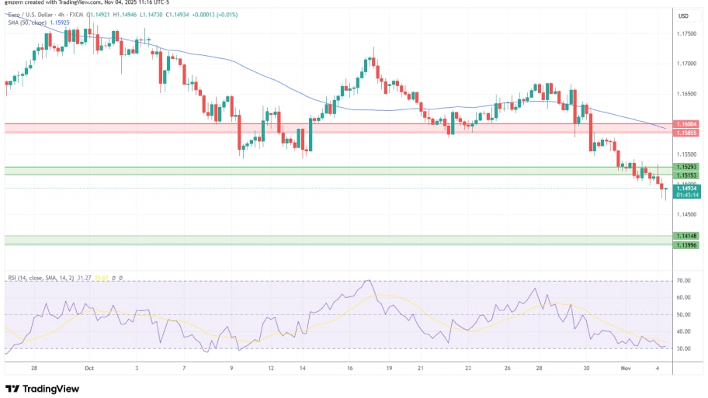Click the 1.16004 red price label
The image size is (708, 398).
(x=686, y=124)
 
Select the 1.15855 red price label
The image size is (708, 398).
(x=686, y=133)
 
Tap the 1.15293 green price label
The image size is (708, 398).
(x=686, y=167)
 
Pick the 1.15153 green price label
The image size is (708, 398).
(x=686, y=175)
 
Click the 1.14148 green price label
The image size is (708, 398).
(x=686, y=236)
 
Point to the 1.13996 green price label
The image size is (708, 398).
(x=686, y=245)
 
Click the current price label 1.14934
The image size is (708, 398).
(x=686, y=189)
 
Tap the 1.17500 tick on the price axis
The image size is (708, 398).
(x=685, y=33)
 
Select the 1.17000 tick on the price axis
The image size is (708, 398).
(x=685, y=64)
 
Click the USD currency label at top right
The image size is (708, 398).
(x=684, y=16)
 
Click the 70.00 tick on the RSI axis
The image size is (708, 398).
(x=683, y=281)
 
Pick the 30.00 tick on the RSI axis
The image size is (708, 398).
(x=683, y=348)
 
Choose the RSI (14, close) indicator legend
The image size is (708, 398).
(x=54, y=277)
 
